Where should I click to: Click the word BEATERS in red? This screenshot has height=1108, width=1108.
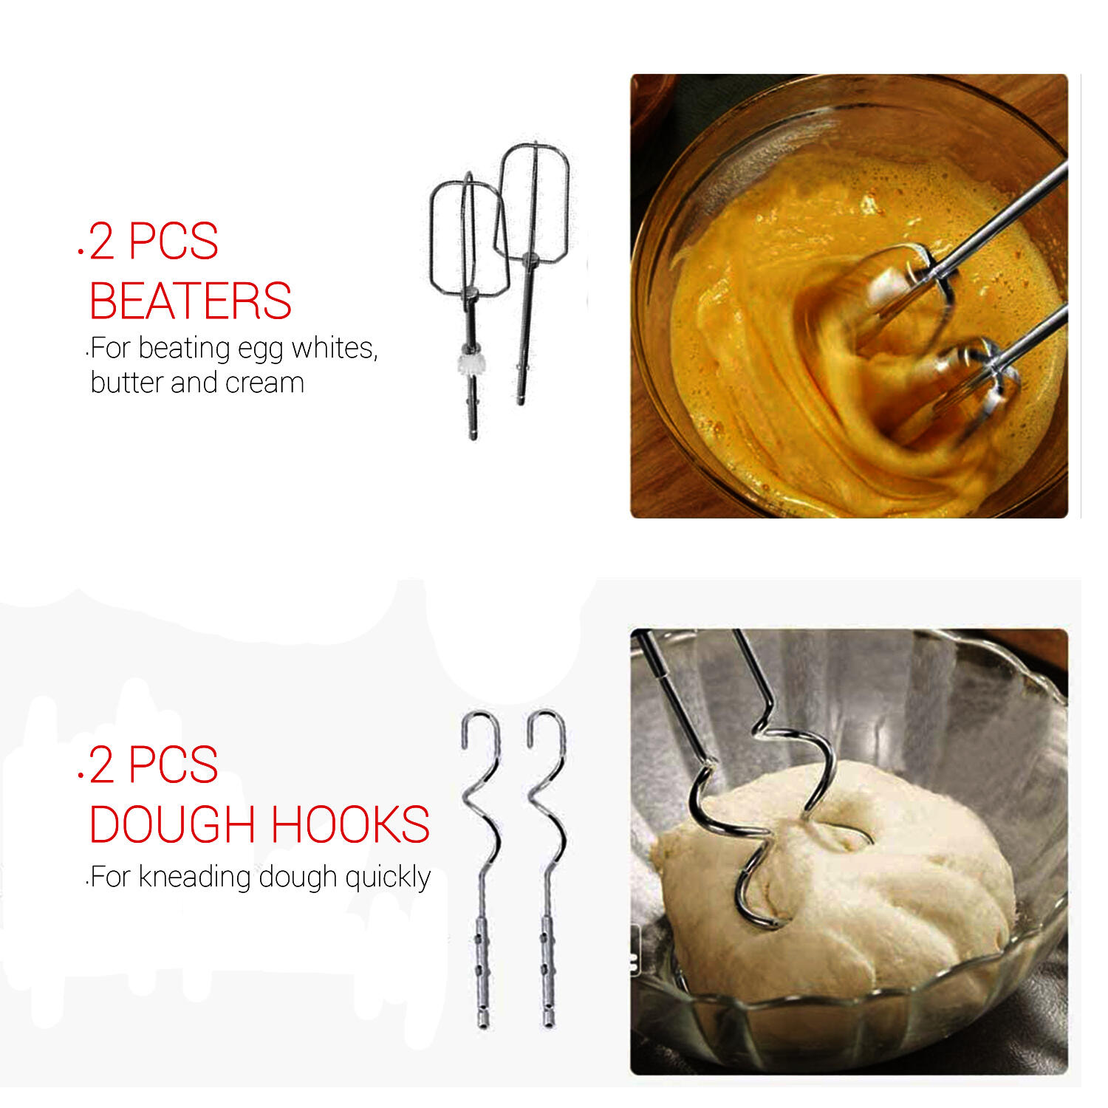[x=190, y=301]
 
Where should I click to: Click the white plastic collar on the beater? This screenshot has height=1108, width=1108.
[x=470, y=363]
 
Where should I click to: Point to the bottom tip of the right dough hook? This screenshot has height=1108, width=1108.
[x=549, y=1025]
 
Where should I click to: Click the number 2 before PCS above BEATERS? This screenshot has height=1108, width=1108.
[x=102, y=242]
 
